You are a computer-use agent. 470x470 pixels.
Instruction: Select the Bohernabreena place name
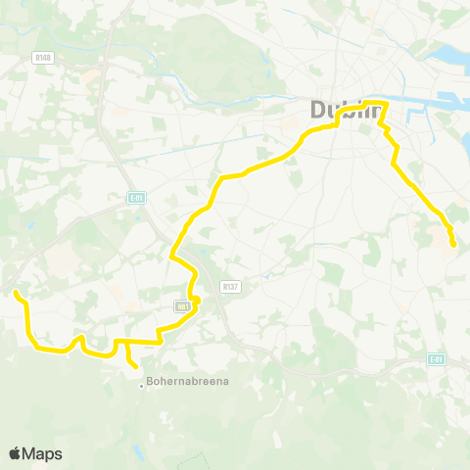tap(186, 382)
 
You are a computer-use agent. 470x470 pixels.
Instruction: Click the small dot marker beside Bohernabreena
tap(141, 383)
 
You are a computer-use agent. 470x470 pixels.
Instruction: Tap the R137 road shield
tap(230, 287)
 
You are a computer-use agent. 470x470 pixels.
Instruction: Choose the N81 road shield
tap(183, 306)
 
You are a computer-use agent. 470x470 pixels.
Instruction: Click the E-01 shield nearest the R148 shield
tap(136, 197)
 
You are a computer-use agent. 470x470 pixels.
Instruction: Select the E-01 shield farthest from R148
tap(437, 358)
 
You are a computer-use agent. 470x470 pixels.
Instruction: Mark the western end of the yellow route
tap(16, 292)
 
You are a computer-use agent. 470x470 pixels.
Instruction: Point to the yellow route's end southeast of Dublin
tap(452, 244)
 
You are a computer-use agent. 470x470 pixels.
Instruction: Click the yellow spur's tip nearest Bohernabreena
tap(135, 366)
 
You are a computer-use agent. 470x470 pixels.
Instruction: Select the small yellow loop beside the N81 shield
tap(195, 300)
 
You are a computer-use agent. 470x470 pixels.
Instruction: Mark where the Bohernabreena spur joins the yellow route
tap(127, 342)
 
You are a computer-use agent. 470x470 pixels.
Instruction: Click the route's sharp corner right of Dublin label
tap(389, 103)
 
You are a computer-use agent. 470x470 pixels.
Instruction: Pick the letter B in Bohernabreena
tap(149, 382)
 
